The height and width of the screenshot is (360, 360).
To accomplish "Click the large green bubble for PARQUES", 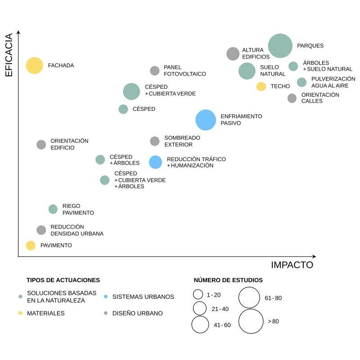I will [280, 45].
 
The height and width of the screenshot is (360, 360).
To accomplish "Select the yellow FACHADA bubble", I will [34, 66].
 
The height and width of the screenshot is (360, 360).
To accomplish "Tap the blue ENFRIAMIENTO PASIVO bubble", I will [206, 120].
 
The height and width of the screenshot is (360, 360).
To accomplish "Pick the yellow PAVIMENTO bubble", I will [31, 245].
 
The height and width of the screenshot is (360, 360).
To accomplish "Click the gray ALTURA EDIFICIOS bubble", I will [233, 54].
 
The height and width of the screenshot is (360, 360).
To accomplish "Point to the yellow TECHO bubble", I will [261, 86].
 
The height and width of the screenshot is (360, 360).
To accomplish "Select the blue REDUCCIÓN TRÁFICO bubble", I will [155, 162].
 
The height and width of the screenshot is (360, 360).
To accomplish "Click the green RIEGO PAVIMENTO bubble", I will [53, 209].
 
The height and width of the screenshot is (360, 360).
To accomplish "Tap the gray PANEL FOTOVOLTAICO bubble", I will [155, 71].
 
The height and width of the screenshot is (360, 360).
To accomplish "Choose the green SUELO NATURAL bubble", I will [247, 71].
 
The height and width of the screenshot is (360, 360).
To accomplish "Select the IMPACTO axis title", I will [292, 265].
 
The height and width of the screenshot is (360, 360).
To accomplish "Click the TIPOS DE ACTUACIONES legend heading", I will [63, 280].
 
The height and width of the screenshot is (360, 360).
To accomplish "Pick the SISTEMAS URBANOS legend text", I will [143, 297].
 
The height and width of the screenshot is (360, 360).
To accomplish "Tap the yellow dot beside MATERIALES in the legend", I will [20, 313].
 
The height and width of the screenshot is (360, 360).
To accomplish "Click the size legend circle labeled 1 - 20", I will [198, 294].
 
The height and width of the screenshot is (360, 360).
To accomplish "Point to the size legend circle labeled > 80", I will [251, 321].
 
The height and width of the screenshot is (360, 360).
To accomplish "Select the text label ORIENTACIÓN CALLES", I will [320, 98].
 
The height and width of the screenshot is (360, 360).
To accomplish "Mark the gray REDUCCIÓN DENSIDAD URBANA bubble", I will [41, 230].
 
